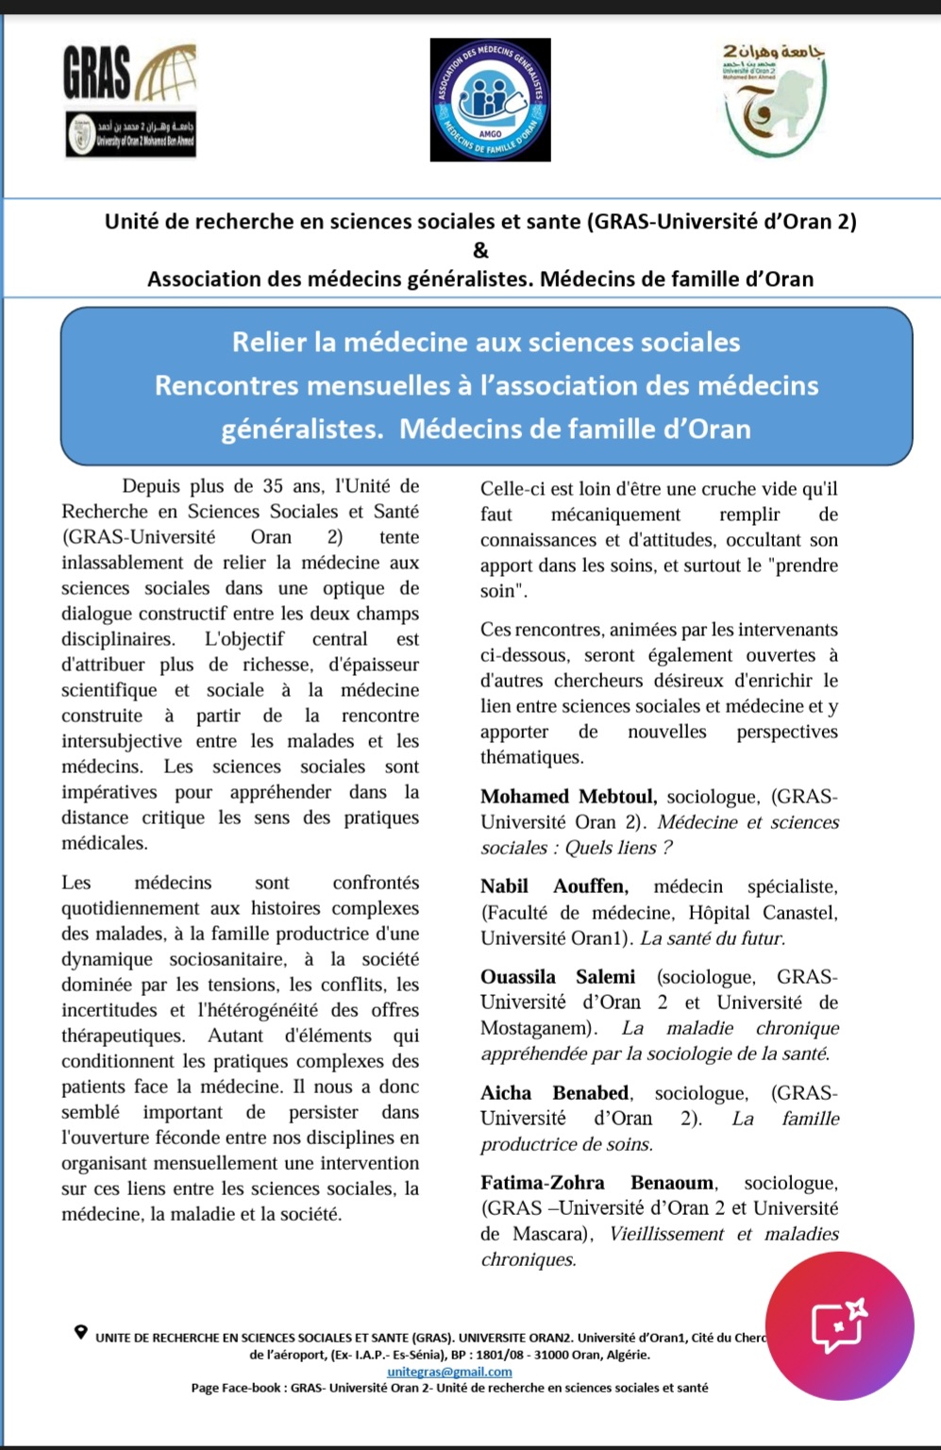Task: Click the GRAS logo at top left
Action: click(x=127, y=74)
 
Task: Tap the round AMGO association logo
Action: click(x=490, y=99)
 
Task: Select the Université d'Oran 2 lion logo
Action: click(x=772, y=101)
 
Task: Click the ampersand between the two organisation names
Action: click(x=480, y=250)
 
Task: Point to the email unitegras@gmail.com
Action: click(x=449, y=1372)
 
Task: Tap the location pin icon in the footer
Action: click(x=81, y=1332)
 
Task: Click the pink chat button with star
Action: click(x=839, y=1325)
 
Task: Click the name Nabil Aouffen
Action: click(x=553, y=886)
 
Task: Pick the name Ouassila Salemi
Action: click(x=557, y=977)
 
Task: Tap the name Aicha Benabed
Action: click(x=555, y=1093)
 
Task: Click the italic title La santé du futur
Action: click(x=713, y=938)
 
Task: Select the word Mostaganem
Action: click(x=535, y=1028)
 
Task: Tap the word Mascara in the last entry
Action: click(x=549, y=1234)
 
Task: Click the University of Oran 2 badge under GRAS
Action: click(x=131, y=134)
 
